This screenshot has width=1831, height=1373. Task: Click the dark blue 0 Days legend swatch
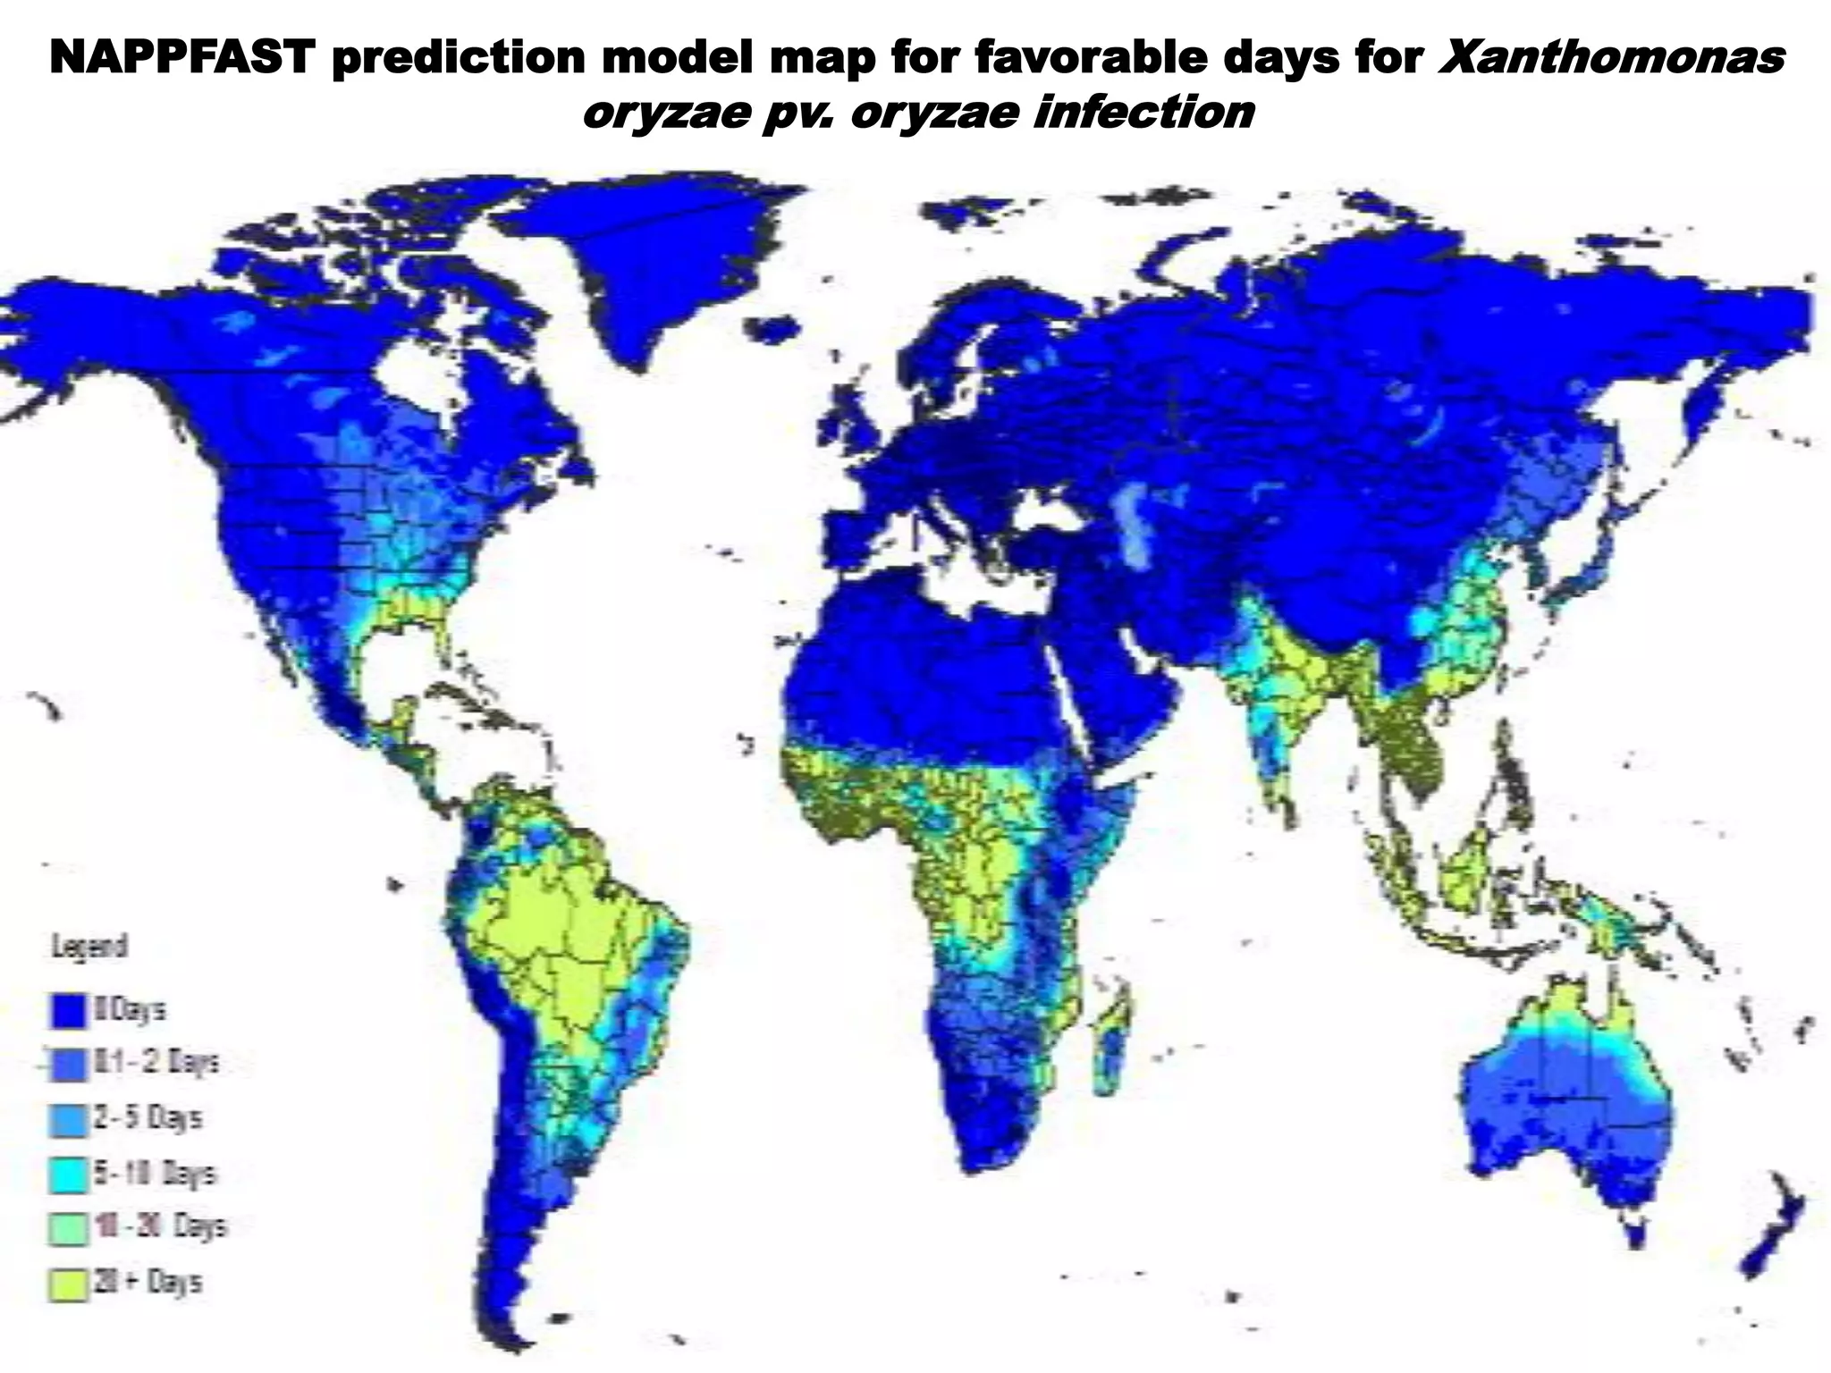coord(68,1011)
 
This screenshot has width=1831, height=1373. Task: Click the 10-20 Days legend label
coord(161,1227)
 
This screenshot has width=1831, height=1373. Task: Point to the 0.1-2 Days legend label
coord(157,1064)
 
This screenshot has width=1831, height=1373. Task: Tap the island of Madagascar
coord(1114,1041)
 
